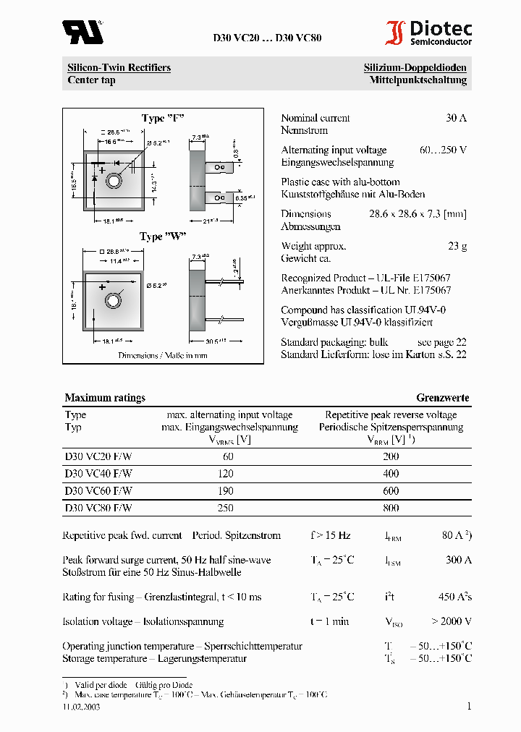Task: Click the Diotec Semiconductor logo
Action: [428, 33]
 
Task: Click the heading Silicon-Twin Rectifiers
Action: [119, 68]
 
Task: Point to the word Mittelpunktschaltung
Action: [418, 80]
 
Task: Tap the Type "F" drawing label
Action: [163, 119]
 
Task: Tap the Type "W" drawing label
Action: [163, 237]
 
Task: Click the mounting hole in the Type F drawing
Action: [114, 181]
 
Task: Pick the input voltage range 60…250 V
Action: [443, 150]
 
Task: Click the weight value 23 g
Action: [457, 246]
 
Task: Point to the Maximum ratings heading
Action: [105, 398]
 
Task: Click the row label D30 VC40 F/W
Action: [98, 473]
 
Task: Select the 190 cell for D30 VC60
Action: [225, 490]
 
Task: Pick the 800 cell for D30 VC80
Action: [391, 508]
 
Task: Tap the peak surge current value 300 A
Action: [458, 560]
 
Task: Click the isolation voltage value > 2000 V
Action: [452, 621]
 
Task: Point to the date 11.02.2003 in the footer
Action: [81, 707]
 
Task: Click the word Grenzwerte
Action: [442, 398]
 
